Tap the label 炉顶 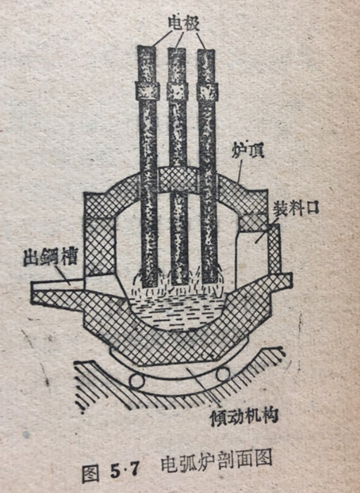point(247,151)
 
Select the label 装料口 point(296,208)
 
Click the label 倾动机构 point(244,417)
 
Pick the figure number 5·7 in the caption point(124,470)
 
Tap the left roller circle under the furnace point(137,381)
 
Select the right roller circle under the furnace point(223,374)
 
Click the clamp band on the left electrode point(147,90)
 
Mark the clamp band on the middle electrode point(177,91)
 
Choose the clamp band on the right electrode point(207,91)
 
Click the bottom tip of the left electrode point(150,286)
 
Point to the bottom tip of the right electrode point(209,282)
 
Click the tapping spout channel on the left point(59,285)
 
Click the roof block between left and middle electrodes point(163,180)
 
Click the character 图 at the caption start point(91,472)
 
